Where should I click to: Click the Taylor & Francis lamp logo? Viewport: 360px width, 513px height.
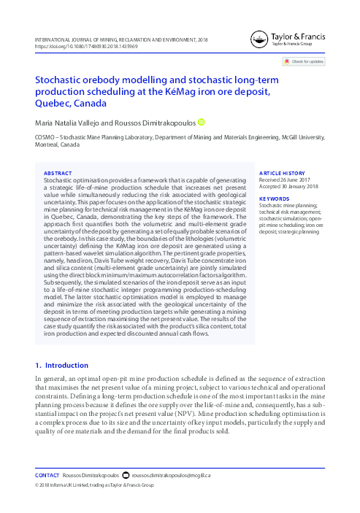[x=257, y=39]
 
